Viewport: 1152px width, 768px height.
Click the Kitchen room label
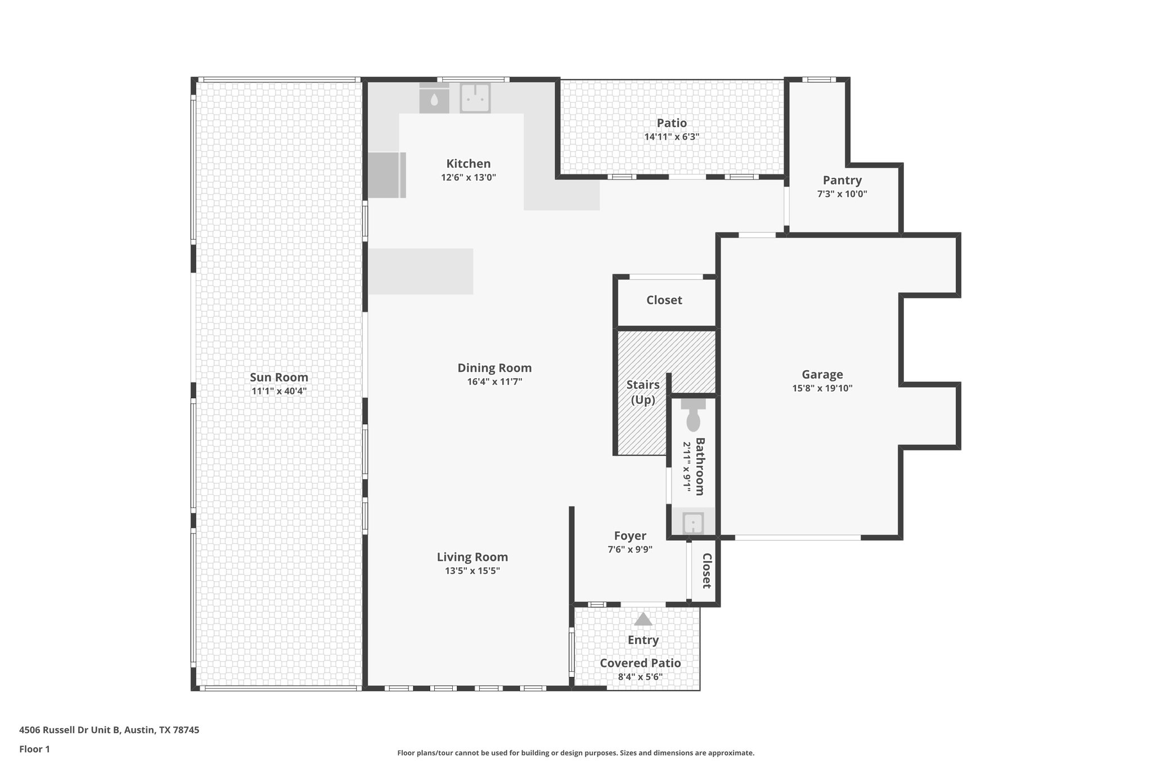point(468,164)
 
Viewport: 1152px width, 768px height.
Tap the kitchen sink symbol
point(475,98)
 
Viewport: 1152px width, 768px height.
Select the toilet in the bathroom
point(693,417)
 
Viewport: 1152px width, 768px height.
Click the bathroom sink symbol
point(693,523)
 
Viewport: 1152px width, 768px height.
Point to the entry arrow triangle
point(643,619)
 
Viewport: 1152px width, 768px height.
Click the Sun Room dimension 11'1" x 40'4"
point(279,391)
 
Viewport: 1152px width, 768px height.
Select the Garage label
point(822,374)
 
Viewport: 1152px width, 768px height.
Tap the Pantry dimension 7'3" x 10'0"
point(842,194)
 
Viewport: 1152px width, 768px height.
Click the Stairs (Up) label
point(643,392)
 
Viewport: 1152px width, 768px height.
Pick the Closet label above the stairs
point(664,300)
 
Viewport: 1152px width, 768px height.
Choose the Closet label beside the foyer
point(706,571)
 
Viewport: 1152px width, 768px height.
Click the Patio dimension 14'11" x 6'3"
point(672,137)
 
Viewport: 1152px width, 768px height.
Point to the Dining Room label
point(494,368)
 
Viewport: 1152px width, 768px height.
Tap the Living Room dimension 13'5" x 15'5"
point(472,571)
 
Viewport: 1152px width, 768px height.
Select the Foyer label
point(629,536)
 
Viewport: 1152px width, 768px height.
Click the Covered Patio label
point(640,663)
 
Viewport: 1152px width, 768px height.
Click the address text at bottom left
point(109,730)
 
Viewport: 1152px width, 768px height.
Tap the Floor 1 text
point(34,749)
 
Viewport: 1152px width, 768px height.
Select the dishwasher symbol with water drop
point(434,100)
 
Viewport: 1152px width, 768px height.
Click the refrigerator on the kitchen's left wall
point(386,175)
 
